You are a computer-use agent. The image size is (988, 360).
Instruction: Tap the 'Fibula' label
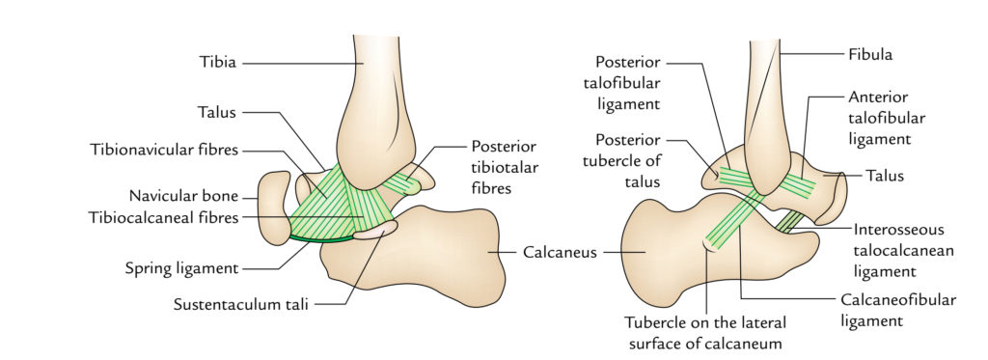871,55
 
